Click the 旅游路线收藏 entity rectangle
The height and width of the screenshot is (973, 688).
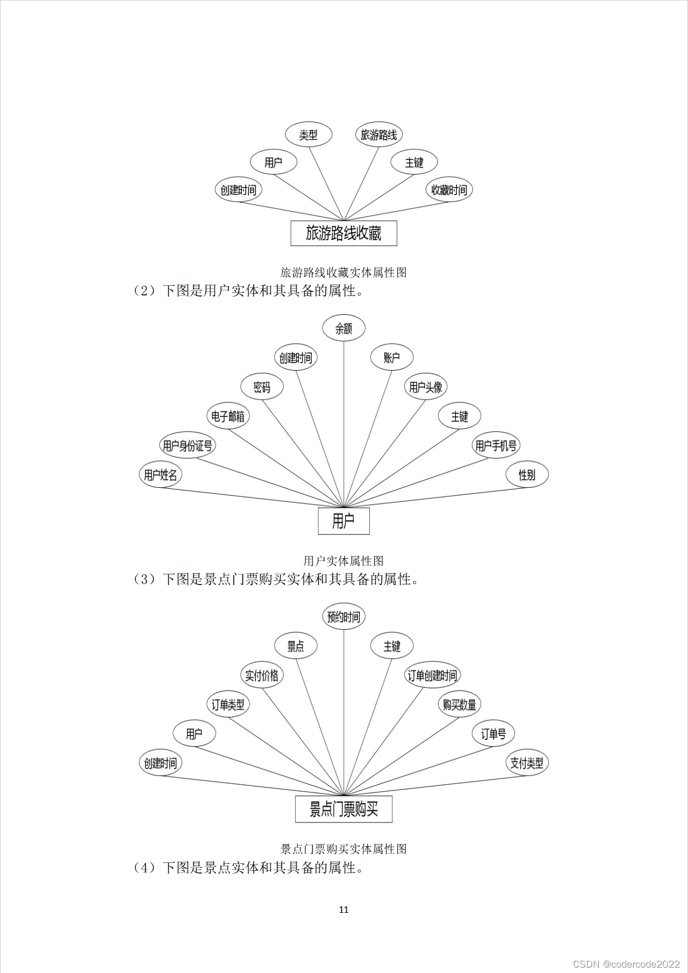point(343,233)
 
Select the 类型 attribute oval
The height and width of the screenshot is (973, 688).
point(309,135)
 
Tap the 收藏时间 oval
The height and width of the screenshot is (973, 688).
point(449,190)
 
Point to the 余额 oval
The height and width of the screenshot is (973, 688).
point(343,328)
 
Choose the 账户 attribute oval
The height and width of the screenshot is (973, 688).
point(392,357)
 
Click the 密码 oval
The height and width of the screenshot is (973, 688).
point(262,387)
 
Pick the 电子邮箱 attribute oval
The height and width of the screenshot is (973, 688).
point(228,416)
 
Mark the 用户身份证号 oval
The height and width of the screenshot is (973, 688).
point(188,445)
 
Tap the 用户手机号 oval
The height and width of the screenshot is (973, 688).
point(496,445)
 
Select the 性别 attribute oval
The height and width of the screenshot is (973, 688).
point(527,474)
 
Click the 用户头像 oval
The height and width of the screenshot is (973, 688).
point(426,387)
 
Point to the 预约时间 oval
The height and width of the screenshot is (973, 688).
point(343,617)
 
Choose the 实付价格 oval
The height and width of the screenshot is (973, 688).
point(262,675)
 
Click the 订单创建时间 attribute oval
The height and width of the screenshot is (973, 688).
point(432,675)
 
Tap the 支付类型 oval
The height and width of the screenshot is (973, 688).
point(527,763)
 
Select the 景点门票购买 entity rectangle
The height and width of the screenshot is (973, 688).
point(343,809)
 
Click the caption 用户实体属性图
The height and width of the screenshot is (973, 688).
point(343,561)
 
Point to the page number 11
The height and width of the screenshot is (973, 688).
point(343,910)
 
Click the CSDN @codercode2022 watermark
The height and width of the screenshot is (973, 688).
point(626,964)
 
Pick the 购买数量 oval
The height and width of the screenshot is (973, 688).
point(460,704)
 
